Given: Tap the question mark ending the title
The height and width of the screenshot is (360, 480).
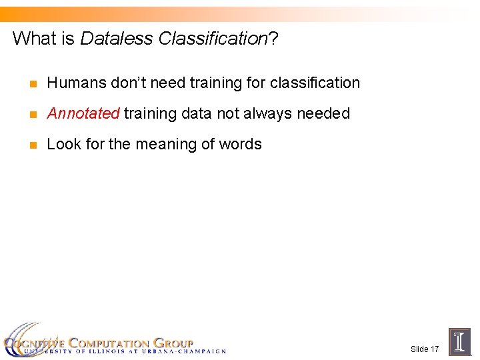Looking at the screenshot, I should coord(273,39).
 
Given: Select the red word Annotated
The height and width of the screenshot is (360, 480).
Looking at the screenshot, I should coord(83,113).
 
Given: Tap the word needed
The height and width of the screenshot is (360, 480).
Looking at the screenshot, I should coord(323,113).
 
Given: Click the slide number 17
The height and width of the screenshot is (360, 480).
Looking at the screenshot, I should coord(434,349).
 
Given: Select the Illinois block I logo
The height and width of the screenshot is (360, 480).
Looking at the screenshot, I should coord(459,342).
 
